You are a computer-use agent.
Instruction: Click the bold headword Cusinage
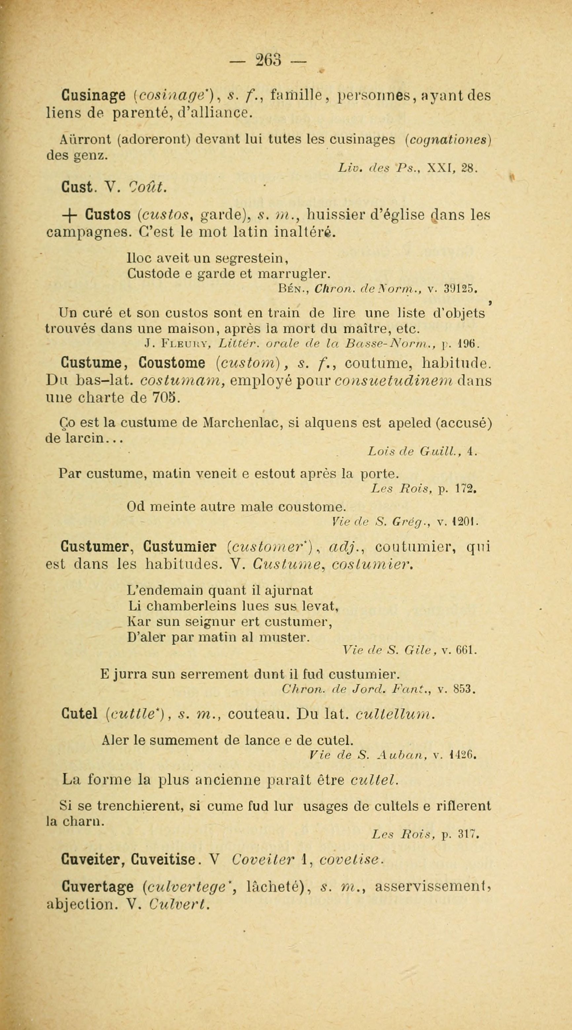point(91,97)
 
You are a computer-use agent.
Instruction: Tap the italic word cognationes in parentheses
point(447,140)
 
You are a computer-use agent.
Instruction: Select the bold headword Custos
point(108,215)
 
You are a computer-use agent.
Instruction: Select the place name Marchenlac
point(243,423)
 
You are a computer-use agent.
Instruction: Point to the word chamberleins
point(187,607)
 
